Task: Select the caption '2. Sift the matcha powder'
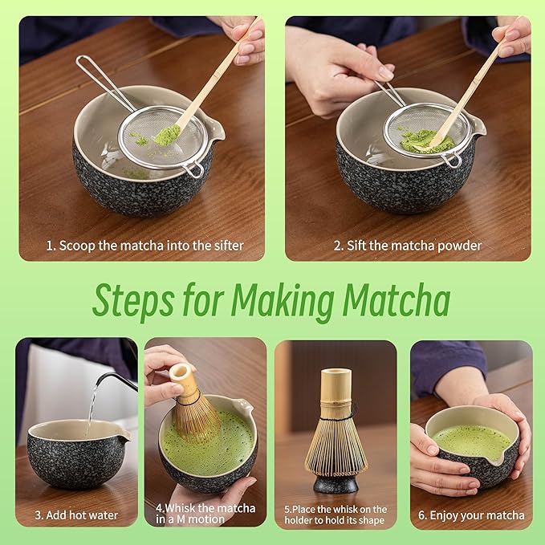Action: [408, 246]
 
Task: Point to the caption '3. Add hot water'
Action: [76, 514]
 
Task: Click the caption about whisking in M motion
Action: [205, 514]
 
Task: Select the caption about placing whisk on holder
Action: [336, 514]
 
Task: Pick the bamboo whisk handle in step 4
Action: [183, 380]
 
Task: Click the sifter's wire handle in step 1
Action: [100, 80]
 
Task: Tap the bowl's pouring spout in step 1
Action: [216, 128]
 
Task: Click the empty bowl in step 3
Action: [76, 458]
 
